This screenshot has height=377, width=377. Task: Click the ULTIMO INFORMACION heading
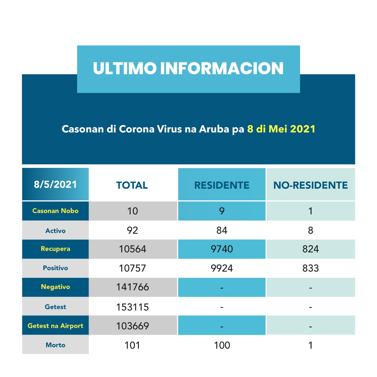[x=188, y=68]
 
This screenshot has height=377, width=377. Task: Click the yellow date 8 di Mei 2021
[x=281, y=129]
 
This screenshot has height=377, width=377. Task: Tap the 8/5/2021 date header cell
[x=55, y=184]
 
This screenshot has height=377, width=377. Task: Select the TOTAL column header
[x=132, y=185]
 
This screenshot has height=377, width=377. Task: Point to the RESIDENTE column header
[x=222, y=185]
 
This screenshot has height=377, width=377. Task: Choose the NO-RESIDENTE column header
[x=310, y=185]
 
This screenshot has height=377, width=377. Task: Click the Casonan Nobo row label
[x=55, y=211]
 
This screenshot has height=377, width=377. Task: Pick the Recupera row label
[x=55, y=249]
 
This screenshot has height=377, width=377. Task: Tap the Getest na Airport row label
[x=55, y=326]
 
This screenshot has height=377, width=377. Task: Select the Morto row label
[x=55, y=345]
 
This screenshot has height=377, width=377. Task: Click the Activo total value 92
[x=133, y=230]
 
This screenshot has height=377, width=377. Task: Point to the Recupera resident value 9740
[x=222, y=249]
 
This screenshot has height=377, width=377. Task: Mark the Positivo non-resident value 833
[x=310, y=268]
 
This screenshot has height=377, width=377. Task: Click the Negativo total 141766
[x=133, y=287]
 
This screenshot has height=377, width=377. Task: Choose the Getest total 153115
[x=133, y=307]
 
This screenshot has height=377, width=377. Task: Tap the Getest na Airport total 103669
[x=133, y=326]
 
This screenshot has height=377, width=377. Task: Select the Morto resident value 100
[x=222, y=345]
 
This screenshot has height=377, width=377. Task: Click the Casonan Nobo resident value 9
[x=222, y=211]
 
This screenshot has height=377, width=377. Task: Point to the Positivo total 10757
[x=133, y=268]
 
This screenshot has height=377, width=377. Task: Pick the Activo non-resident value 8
[x=310, y=230]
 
